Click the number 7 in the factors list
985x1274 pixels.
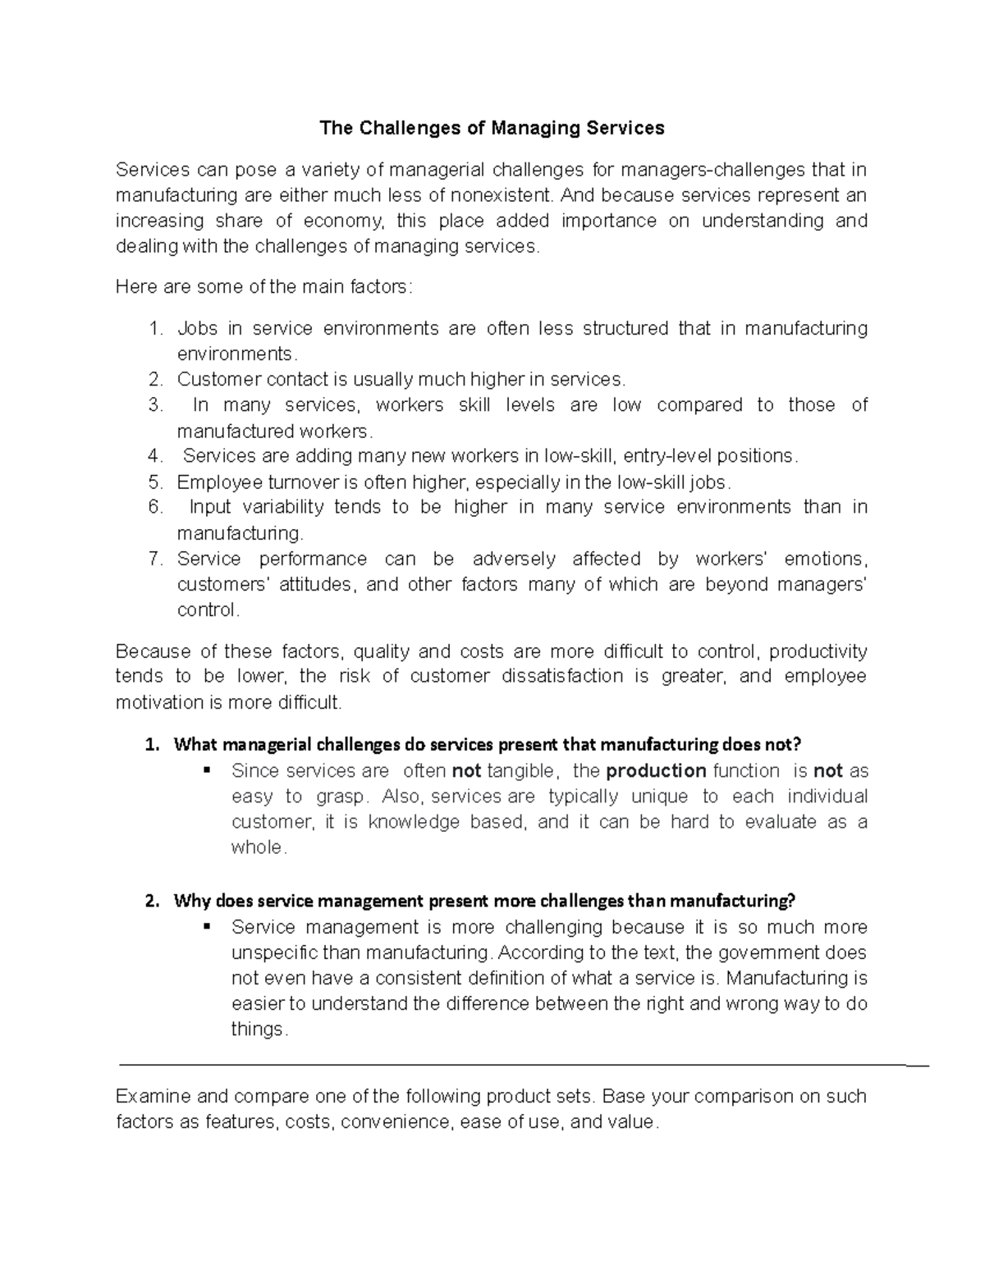155,559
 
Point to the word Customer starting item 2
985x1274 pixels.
217,379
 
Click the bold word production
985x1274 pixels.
656,770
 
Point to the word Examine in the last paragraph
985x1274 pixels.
153,1097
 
